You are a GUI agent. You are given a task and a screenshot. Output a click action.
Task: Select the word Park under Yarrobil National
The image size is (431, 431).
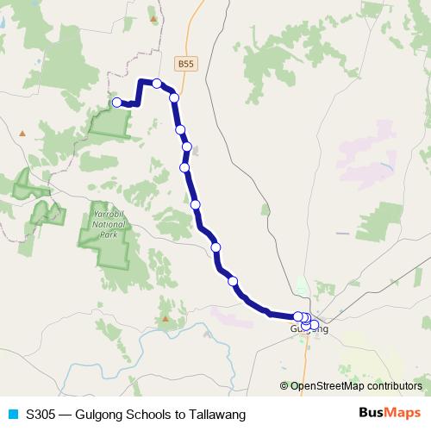109,234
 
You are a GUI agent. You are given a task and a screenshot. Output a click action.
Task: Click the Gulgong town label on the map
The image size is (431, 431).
309,329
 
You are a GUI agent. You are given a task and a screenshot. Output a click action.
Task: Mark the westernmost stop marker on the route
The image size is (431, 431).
117,103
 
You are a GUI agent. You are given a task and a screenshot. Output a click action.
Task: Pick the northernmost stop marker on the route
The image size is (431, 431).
157,84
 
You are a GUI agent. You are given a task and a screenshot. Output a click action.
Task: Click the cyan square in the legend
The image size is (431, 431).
12,414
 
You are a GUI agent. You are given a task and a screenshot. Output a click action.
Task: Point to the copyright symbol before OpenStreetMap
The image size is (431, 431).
284,386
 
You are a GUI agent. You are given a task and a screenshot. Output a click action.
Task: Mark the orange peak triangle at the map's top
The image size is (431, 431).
154,18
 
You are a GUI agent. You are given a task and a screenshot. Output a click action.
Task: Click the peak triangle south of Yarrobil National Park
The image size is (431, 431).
165,317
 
